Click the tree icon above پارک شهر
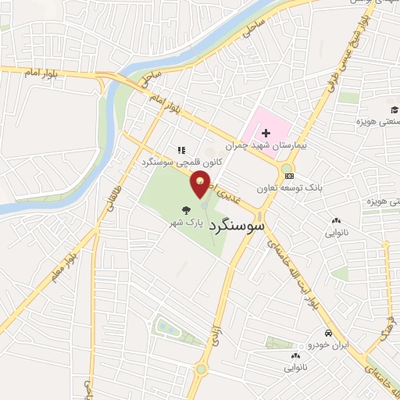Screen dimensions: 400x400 click(186, 210)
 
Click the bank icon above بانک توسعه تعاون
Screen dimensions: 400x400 click(290, 177)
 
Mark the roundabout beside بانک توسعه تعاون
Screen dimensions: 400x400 click(287, 168)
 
